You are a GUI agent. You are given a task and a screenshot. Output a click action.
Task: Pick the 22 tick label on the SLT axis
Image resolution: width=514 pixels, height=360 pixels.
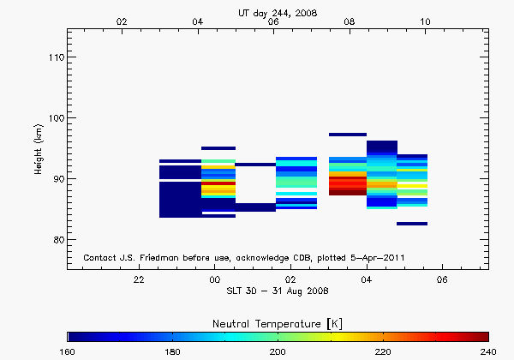(139, 279)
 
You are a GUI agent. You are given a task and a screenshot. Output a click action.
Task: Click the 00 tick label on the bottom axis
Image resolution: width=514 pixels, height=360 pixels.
(215, 279)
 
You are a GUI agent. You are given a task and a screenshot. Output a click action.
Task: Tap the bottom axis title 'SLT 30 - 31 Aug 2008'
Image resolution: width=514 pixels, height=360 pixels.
(278, 291)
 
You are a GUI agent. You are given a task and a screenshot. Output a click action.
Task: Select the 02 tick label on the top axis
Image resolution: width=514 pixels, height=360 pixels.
(123, 21)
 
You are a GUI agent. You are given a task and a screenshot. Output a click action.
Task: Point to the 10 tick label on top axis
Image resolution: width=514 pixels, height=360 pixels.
(426, 21)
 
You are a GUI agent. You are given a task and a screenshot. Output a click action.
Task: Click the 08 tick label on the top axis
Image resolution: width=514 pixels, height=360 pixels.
(350, 21)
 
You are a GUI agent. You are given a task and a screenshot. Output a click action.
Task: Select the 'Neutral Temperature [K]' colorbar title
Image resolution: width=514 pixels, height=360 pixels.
(278, 321)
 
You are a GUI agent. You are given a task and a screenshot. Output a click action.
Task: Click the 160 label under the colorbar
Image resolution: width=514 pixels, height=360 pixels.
(69, 351)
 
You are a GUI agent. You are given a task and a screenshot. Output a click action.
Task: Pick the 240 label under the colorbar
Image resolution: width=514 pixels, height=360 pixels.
(488, 351)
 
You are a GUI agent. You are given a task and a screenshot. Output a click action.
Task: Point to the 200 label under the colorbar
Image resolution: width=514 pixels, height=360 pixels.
(278, 351)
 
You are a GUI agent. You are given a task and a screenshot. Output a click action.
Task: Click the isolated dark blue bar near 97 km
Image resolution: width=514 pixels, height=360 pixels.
(348, 135)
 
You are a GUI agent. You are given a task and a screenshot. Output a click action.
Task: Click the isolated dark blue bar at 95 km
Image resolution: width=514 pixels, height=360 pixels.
(218, 148)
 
